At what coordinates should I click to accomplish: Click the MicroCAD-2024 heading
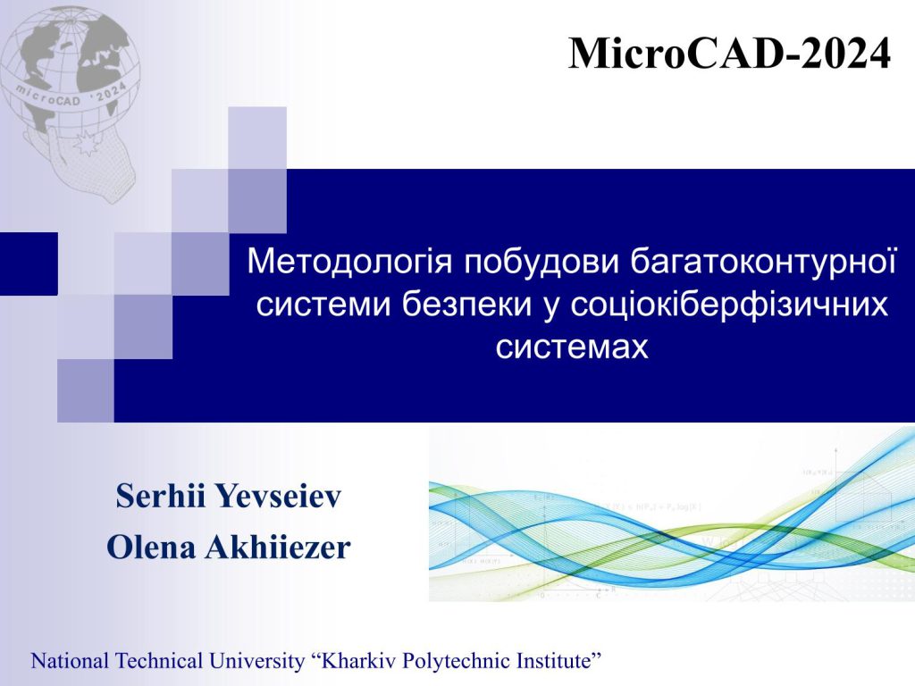click(x=729, y=53)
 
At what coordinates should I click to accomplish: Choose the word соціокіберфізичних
click(x=729, y=304)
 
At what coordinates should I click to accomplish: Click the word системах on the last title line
click(x=572, y=347)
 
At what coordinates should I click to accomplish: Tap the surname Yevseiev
click(x=278, y=497)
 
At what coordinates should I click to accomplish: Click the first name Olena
click(x=151, y=548)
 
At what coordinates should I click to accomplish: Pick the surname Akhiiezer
click(x=277, y=548)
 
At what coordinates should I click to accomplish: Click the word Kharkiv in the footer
click(x=356, y=661)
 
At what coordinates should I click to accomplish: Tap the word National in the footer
click(x=70, y=661)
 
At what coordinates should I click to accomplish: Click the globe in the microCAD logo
click(x=71, y=70)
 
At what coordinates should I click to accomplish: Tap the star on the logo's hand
click(x=86, y=144)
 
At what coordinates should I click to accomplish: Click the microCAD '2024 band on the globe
click(x=71, y=96)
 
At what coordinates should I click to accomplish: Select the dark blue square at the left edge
click(x=29, y=264)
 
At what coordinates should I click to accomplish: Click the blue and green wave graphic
click(x=672, y=514)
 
